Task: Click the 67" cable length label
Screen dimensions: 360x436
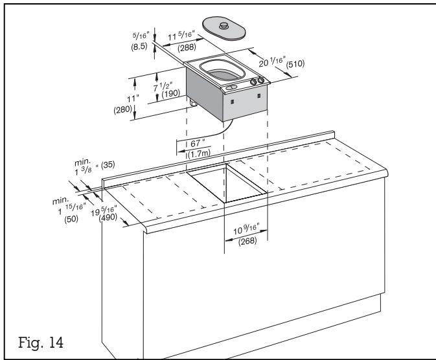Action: pos(198,142)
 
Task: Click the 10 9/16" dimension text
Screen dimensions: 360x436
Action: pos(247,228)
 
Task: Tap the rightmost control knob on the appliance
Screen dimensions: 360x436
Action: pos(260,81)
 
